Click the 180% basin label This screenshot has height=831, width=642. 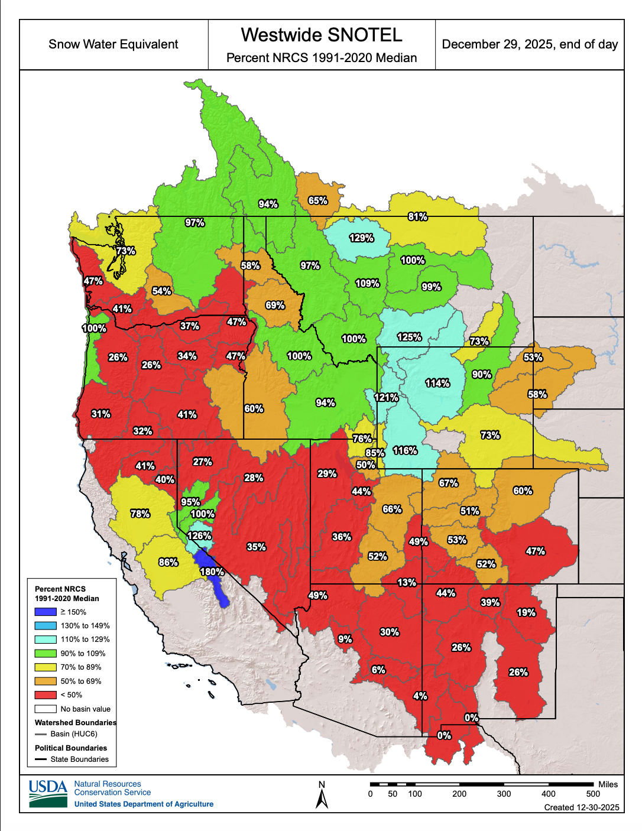(x=212, y=572)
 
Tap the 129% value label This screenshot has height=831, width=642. (x=361, y=238)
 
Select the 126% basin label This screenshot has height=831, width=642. (x=199, y=535)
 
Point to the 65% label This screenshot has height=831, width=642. (x=317, y=200)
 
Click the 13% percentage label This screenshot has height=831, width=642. (x=406, y=582)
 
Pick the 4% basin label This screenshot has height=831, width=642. (x=420, y=696)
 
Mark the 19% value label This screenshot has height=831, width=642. (x=526, y=612)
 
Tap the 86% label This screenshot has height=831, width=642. (x=168, y=562)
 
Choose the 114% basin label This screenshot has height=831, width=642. (x=437, y=383)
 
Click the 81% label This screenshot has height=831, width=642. (x=417, y=216)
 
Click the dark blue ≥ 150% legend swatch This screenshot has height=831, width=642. (x=46, y=612)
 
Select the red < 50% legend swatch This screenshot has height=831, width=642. (x=46, y=695)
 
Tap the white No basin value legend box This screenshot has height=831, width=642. (x=46, y=709)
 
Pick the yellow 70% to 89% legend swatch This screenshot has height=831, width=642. (x=46, y=667)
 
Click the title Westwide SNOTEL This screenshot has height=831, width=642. (x=322, y=35)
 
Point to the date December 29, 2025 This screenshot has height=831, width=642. (x=530, y=44)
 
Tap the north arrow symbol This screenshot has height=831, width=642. (x=322, y=796)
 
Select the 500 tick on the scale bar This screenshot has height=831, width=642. (x=593, y=794)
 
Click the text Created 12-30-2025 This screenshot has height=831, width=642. (x=582, y=807)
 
